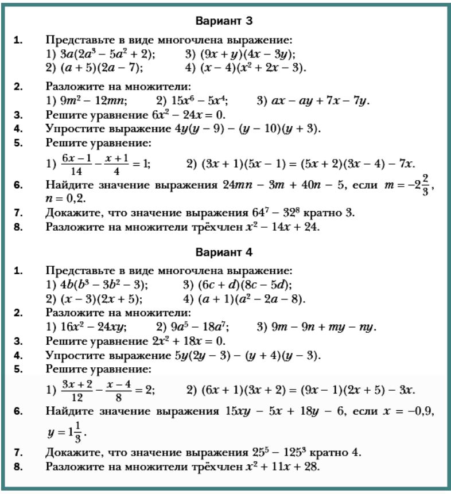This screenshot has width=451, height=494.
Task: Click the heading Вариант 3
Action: click(224, 21)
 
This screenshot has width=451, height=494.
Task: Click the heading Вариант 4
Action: click(224, 252)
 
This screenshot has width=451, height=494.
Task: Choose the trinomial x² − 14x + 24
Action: click(279, 227)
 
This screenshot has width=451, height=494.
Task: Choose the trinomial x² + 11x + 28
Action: click(279, 466)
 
